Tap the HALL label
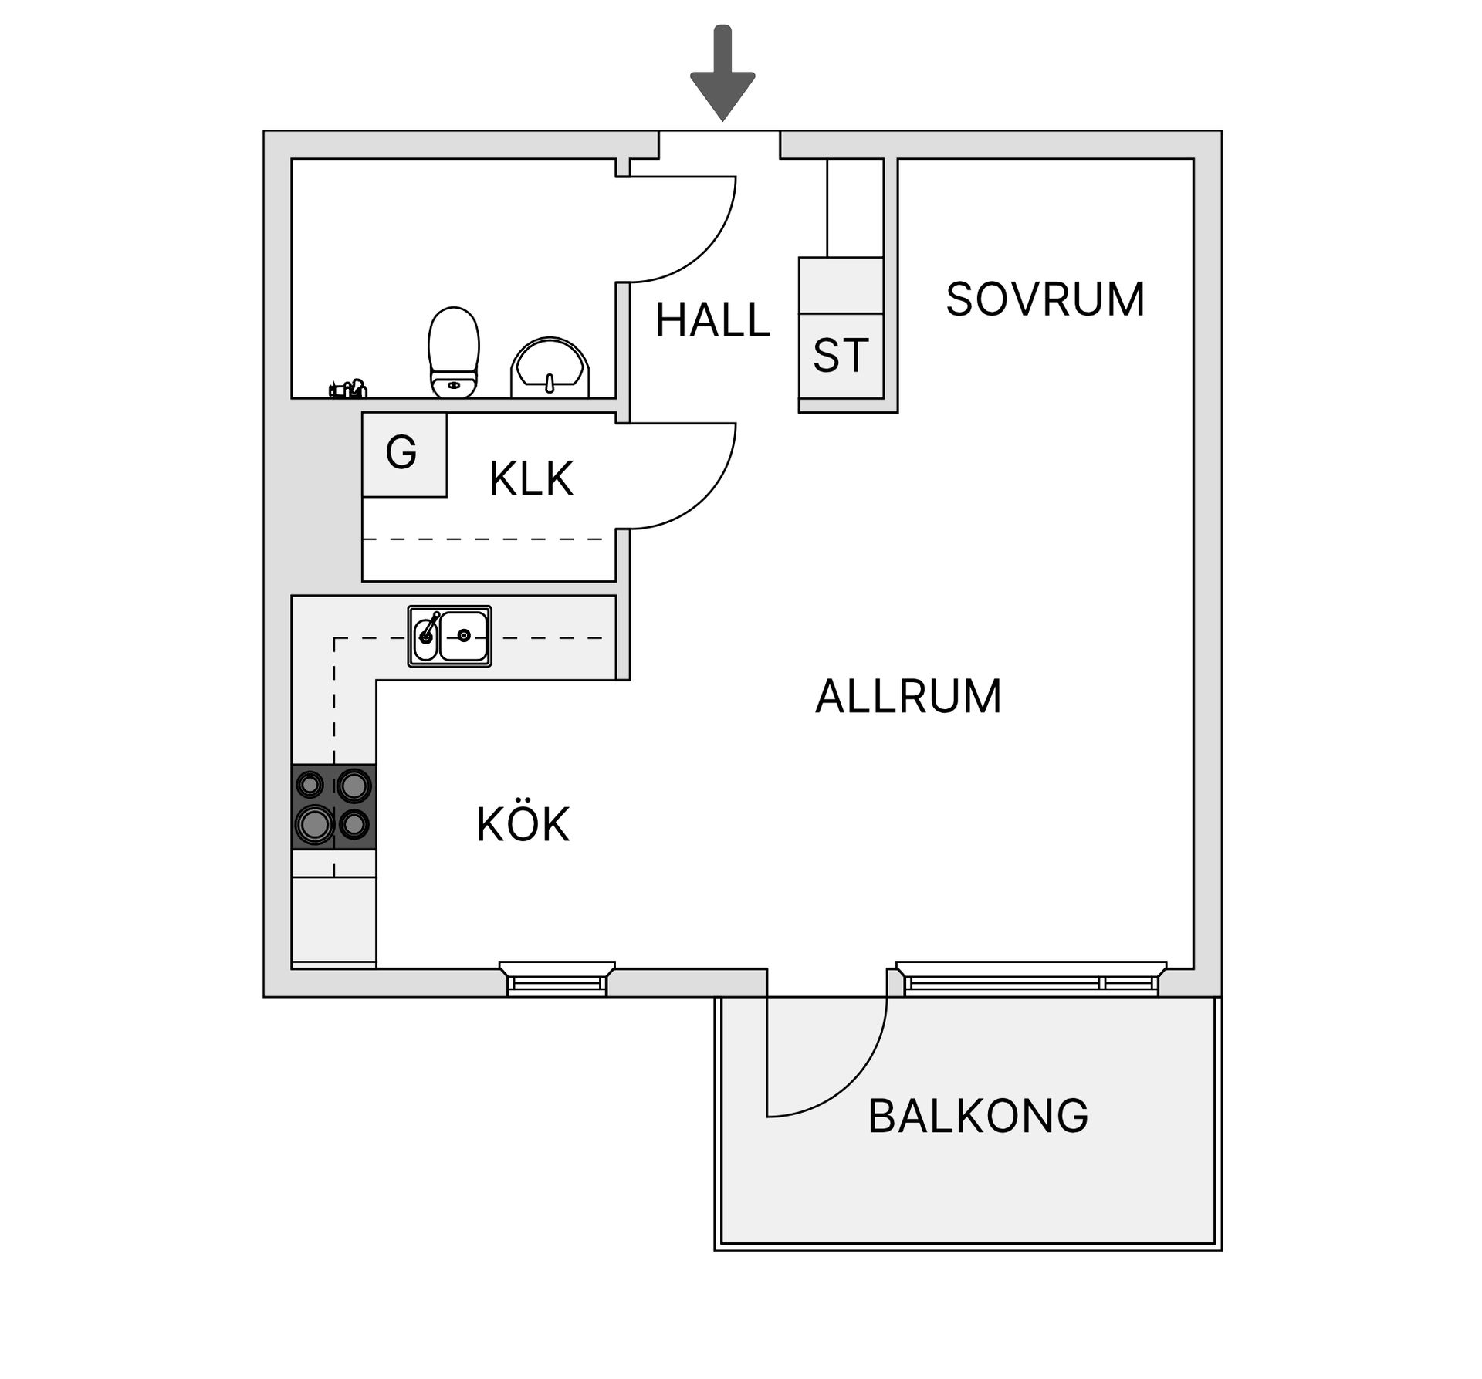(712, 320)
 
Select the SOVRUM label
(1044, 299)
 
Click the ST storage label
(840, 356)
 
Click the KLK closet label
(531, 479)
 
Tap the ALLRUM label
(908, 697)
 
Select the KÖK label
(523, 824)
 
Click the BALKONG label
(977, 1116)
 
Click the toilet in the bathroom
(454, 353)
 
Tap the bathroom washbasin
(550, 368)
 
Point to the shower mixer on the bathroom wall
(348, 389)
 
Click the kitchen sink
(450, 636)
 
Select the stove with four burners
(333, 806)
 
